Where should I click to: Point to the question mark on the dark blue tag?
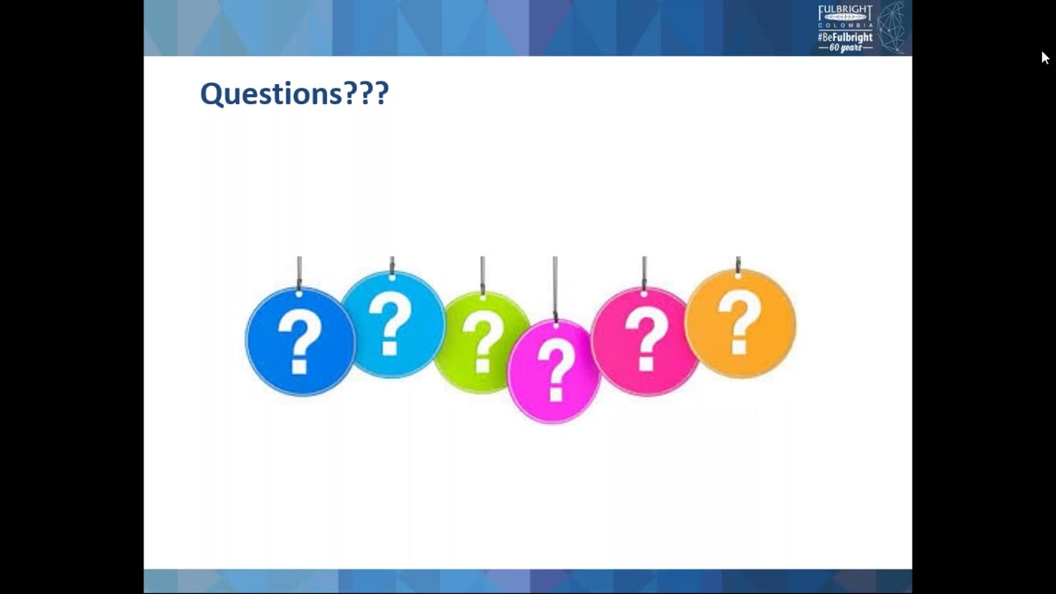pyautogui.click(x=299, y=340)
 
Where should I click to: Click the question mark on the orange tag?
pyautogui.click(x=738, y=323)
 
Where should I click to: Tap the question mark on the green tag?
pyautogui.click(x=483, y=340)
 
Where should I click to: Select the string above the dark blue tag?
pyautogui.click(x=299, y=271)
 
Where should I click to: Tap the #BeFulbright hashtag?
pyautogui.click(x=845, y=37)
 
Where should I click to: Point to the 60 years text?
pyautogui.click(x=845, y=48)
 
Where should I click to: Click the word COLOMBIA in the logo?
pyautogui.click(x=845, y=26)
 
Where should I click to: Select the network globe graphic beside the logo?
pyautogui.click(x=891, y=27)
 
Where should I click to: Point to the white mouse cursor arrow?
pyautogui.click(x=1044, y=57)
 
